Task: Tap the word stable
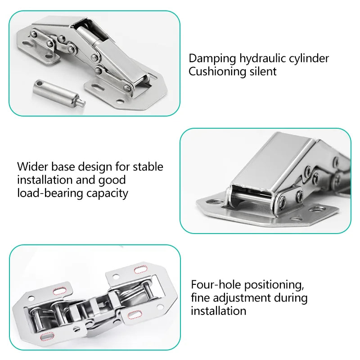148,166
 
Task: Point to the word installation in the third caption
218,311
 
